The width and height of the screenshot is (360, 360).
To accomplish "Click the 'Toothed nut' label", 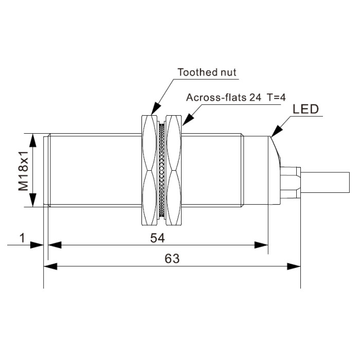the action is (x=207, y=73).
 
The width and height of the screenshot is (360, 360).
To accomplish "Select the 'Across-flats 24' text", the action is (x=224, y=97).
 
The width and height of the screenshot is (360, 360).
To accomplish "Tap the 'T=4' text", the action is (x=276, y=97).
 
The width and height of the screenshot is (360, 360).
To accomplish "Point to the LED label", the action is (x=305, y=109).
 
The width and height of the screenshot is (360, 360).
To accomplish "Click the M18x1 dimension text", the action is (x=23, y=171).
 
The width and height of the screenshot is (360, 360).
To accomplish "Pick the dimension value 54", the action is (x=157, y=238).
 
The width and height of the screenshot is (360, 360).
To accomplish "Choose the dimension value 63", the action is (x=172, y=259).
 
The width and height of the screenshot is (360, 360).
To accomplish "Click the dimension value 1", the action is (x=22, y=238).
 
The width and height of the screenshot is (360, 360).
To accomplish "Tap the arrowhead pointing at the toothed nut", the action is (x=155, y=109).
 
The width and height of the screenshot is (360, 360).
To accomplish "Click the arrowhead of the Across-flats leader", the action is (x=188, y=119).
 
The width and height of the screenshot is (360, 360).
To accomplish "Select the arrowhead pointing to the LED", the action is (x=276, y=131).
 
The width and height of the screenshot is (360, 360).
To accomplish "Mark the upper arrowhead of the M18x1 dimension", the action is (x=33, y=140).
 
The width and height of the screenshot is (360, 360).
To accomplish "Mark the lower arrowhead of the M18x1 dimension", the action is (x=33, y=200).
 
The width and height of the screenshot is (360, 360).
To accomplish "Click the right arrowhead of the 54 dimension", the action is (x=261, y=245).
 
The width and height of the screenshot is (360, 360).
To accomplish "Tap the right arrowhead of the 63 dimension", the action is (x=294, y=266).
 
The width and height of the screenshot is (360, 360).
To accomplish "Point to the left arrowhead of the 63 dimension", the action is (x=50, y=266).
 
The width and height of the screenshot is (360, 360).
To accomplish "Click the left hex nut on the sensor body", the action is (x=150, y=170).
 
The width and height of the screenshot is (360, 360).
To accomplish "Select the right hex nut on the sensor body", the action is (x=174, y=170).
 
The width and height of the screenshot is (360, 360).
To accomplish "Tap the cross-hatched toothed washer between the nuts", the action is (x=162, y=170).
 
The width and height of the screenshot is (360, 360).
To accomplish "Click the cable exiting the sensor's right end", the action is (x=325, y=182).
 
